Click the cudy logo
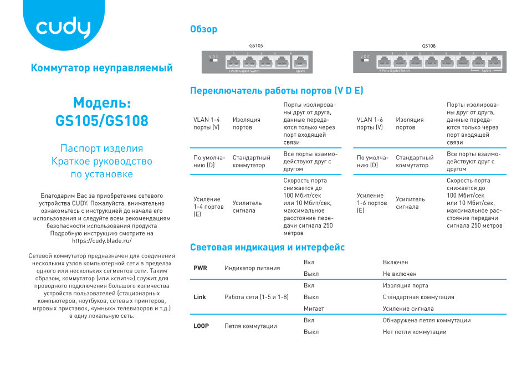[x=63, y=29]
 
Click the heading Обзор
[x=203, y=29]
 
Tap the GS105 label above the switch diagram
[x=256, y=46]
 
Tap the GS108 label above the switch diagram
[x=428, y=46]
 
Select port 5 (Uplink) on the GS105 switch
[x=300, y=62]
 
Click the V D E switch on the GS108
[x=365, y=60]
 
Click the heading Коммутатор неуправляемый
[x=102, y=68]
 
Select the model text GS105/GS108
[x=102, y=120]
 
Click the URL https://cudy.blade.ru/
[x=102, y=241]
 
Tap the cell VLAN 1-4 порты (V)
[x=206, y=124]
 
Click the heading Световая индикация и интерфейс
[x=267, y=248]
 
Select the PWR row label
[x=200, y=268]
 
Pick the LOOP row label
[x=201, y=326]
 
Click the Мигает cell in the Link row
[x=314, y=309]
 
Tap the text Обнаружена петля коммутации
[x=426, y=320]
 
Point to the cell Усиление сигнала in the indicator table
[x=408, y=309]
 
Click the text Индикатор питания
[x=252, y=268]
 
